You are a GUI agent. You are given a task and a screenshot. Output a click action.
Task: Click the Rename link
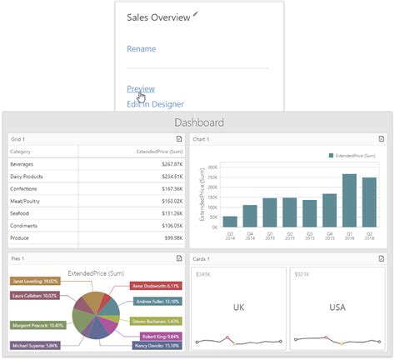click(141, 49)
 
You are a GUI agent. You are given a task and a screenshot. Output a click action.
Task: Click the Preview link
click(140, 89)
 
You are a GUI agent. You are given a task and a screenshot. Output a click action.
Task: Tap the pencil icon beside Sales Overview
click(196, 13)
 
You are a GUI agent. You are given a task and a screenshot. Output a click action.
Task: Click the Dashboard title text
click(198, 122)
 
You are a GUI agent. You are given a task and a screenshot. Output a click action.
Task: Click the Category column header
click(21, 152)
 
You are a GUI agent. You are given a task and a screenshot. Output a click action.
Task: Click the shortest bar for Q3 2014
click(230, 221)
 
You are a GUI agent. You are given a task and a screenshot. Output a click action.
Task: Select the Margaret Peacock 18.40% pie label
click(37, 325)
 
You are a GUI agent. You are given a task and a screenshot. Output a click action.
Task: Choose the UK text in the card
click(238, 307)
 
